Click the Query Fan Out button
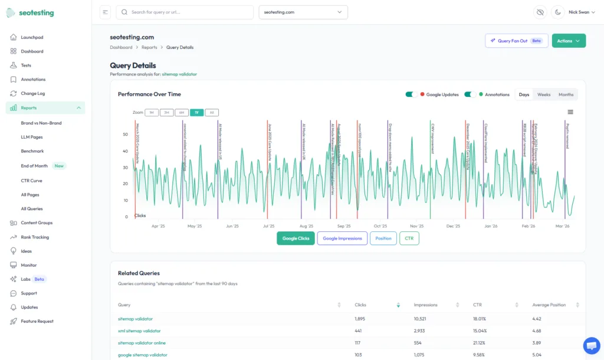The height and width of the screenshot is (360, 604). coord(516,41)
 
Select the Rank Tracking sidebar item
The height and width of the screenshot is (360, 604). coord(35,237)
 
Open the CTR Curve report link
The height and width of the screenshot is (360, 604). coord(31,181)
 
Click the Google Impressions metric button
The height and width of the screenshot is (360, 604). coord(342,238)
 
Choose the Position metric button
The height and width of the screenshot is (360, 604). coord(383,238)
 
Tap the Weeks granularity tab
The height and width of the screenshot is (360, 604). coord(543,94)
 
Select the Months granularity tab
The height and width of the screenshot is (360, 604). coord(566,94)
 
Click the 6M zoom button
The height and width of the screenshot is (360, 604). coord(182,112)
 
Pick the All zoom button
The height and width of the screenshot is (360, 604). coord(212,112)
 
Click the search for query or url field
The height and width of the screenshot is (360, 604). coord(185,12)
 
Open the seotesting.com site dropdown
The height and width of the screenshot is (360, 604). coord(303,12)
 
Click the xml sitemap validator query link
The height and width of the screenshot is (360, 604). coord(139,331)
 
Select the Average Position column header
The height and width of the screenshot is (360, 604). coord(549,305)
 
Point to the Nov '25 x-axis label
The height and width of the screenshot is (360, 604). coord(416,226)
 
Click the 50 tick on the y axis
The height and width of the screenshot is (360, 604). coord(125,135)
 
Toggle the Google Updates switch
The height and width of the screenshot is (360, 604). coord(411,94)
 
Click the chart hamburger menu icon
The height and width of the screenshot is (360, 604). coord(570,112)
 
